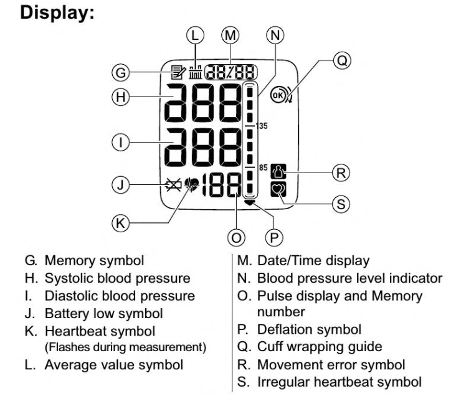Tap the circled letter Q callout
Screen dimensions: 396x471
[341, 60]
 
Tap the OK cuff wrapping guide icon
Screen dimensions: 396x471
[278, 96]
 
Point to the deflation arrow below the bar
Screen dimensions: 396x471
[250, 202]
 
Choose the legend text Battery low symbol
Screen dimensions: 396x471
[103, 313]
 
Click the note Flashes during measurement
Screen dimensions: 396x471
[125, 346]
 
